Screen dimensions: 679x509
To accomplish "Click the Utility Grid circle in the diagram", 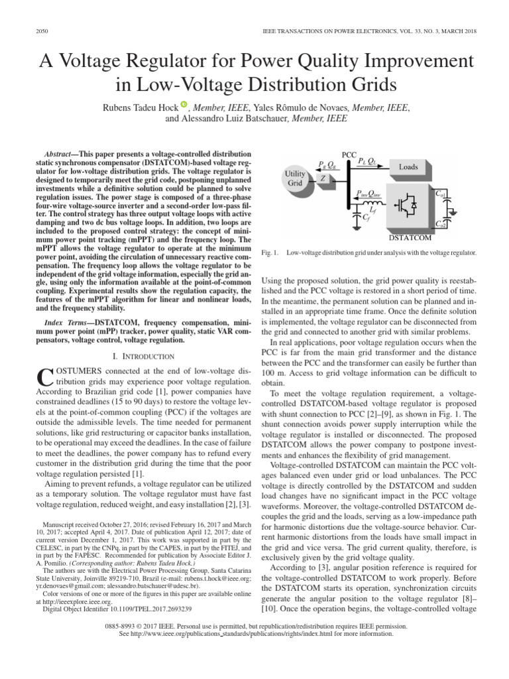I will [x=295, y=178].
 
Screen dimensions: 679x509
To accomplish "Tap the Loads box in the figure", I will [x=408, y=167].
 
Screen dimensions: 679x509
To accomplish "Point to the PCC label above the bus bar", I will [x=349, y=154].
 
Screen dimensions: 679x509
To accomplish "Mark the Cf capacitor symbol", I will [x=359, y=216].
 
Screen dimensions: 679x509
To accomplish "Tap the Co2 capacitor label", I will [x=440, y=224].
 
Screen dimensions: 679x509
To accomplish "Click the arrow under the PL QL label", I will [x=368, y=166].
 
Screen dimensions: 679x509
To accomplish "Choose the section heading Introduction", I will [x=140, y=355].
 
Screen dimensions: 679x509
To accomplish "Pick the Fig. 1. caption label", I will [x=271, y=253].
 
